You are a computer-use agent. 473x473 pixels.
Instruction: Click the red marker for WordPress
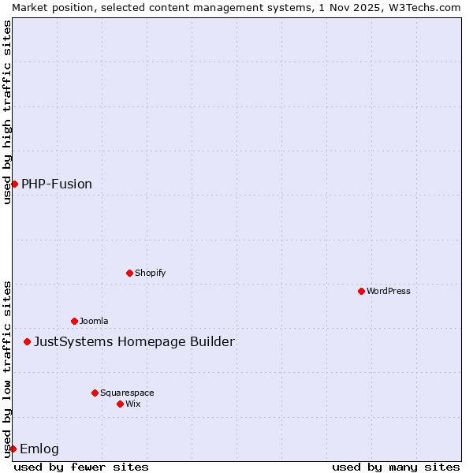(x=361, y=291)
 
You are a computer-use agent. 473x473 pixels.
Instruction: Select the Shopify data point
(x=129, y=273)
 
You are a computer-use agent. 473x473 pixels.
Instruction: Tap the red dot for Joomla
(x=74, y=321)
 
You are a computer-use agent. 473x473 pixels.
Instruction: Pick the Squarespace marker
(x=95, y=393)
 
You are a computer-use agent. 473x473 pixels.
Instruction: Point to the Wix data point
(x=120, y=404)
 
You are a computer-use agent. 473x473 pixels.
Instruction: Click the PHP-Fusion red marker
(x=14, y=184)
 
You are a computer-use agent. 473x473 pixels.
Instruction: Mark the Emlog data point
(x=13, y=449)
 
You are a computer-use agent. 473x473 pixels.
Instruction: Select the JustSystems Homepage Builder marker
(x=27, y=341)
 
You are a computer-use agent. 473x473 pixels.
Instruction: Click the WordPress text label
(x=389, y=291)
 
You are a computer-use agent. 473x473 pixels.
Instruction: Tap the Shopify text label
(x=150, y=273)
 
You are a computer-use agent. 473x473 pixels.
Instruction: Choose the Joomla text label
(x=94, y=321)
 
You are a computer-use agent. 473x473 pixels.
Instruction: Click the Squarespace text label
(x=127, y=393)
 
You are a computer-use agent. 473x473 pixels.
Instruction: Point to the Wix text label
(x=133, y=404)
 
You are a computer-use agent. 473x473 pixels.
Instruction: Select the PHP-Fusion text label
(x=57, y=184)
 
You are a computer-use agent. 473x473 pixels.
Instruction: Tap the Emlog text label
(x=39, y=449)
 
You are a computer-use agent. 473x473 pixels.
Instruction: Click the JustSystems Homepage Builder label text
(x=134, y=341)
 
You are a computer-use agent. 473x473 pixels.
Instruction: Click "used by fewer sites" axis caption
(x=81, y=467)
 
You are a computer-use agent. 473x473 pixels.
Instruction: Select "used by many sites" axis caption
(x=396, y=467)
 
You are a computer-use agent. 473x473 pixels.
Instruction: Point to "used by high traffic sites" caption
(x=7, y=112)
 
